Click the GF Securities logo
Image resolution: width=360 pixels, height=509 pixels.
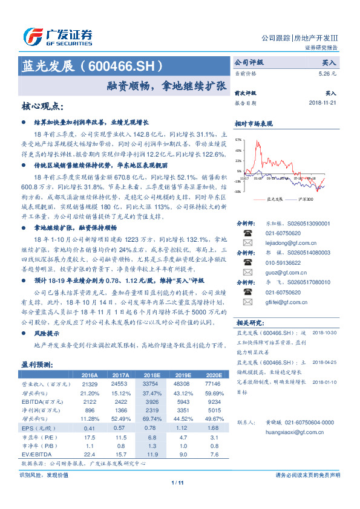pos(57,36)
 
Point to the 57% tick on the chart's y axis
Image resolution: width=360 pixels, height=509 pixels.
pos(238,138)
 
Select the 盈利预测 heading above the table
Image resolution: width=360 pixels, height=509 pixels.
pos(38,365)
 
